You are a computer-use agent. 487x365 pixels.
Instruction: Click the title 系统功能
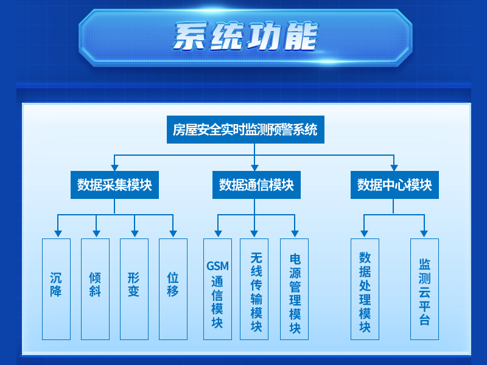245,36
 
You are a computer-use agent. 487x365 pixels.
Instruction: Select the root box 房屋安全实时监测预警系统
245,130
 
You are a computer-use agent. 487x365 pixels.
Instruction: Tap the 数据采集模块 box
114,185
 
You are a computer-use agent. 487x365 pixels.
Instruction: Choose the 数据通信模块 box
256,185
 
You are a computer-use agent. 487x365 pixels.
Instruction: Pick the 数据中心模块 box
394,185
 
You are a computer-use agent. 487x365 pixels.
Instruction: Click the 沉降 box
56,289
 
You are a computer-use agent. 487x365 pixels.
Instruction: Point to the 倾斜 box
96,289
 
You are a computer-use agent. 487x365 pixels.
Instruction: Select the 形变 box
134,289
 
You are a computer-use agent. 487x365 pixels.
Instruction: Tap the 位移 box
173,289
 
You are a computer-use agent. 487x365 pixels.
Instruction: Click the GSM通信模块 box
217,289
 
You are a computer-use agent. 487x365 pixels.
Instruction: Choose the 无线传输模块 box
254,289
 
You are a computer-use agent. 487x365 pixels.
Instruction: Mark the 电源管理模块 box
295,289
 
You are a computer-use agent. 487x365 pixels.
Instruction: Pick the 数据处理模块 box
365,289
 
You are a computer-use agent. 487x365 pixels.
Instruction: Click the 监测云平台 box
424,289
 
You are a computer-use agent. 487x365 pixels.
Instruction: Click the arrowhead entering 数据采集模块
114,168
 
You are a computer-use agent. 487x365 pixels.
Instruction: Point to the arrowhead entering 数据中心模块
394,168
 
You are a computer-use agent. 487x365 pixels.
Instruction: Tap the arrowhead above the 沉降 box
58,234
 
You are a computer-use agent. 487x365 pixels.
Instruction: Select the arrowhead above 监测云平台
424,234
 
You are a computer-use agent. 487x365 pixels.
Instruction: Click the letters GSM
217,266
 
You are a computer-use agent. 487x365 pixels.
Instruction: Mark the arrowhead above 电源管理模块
295,234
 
